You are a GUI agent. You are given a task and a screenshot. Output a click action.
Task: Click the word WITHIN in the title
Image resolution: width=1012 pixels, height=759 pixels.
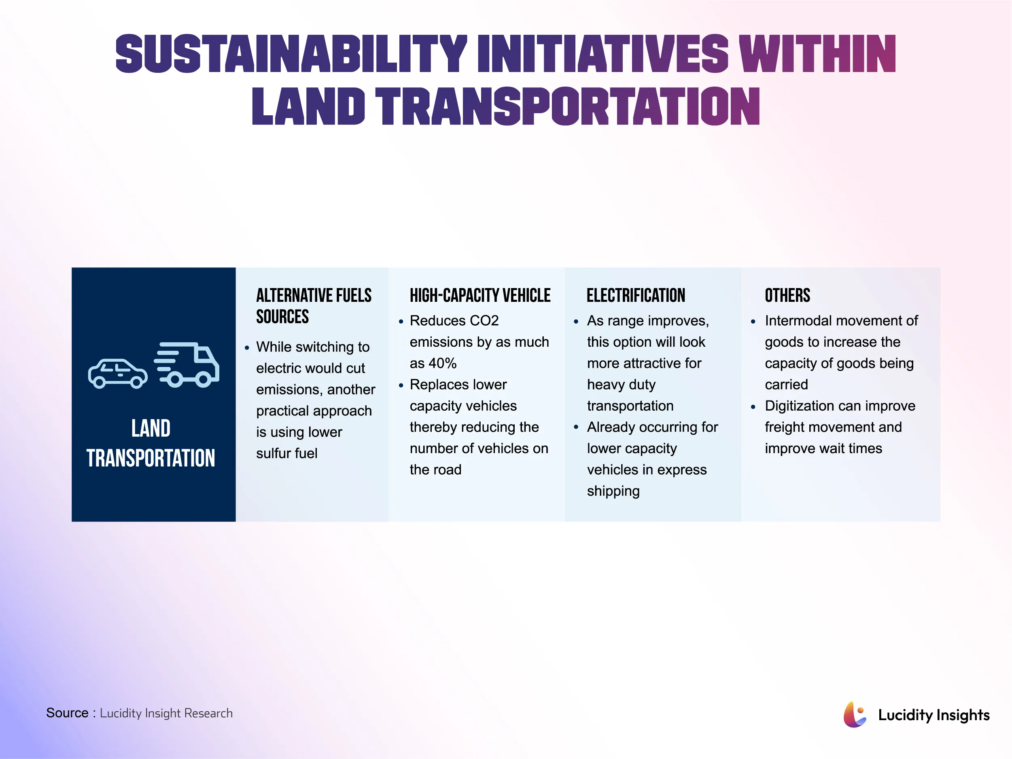coord(817,54)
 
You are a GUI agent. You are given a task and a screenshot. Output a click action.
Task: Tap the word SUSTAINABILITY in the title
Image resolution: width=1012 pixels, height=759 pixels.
coord(291,54)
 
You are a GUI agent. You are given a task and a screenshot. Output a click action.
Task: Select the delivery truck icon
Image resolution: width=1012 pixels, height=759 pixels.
coord(187,365)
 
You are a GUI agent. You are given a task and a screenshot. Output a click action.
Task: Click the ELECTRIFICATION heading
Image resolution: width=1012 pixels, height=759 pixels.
coord(635,295)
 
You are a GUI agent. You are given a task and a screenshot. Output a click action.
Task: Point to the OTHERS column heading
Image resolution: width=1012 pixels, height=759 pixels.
coord(787,295)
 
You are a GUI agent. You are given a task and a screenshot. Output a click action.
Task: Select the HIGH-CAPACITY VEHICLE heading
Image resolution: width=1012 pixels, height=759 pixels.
coord(480,295)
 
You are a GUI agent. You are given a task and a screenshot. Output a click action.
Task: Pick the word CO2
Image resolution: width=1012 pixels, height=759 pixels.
coord(484,321)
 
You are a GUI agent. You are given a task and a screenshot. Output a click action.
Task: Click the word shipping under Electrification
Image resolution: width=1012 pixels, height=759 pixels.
coord(613,491)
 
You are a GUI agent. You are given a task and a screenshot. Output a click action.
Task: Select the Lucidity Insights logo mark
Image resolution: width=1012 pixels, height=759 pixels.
coord(854,714)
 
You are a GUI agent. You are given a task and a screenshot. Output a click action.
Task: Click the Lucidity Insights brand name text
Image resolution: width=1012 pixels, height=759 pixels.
coord(934,714)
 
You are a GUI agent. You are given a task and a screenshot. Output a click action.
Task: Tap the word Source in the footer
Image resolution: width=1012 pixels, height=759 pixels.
coord(67,713)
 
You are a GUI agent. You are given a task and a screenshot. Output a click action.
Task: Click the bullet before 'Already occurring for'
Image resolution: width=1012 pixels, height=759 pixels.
coord(576,427)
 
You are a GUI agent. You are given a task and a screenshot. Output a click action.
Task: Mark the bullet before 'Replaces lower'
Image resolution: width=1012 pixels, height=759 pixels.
coord(401,385)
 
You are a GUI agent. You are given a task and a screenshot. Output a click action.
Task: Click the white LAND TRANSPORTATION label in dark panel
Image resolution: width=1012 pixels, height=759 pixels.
coord(151,443)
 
